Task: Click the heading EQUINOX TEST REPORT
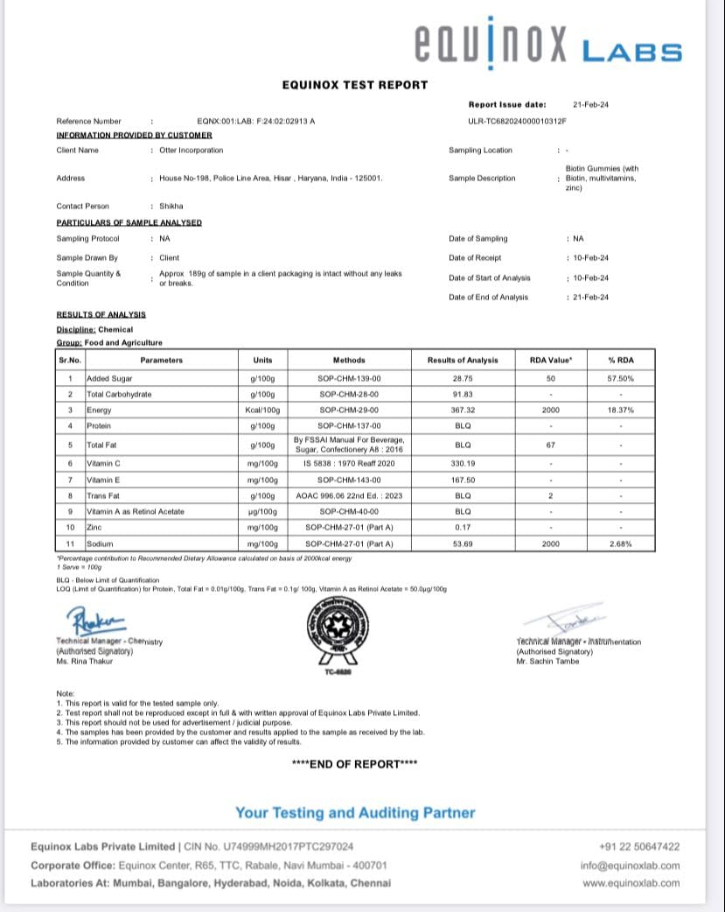click(355, 85)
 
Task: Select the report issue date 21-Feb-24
click(591, 104)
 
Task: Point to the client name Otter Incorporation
click(192, 150)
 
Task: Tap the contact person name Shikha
click(171, 206)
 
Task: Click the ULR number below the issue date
click(518, 121)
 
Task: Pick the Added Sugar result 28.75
click(463, 378)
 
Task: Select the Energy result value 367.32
click(463, 410)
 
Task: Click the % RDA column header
click(620, 360)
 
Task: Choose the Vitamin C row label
click(103, 462)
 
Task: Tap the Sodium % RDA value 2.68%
click(620, 544)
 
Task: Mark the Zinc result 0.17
click(463, 528)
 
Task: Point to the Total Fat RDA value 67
click(551, 445)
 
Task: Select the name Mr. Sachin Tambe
click(547, 661)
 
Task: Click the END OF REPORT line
click(354, 764)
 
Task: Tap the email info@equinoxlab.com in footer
click(630, 866)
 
